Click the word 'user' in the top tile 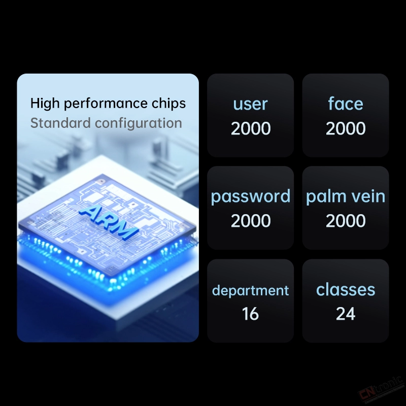pyautogui.click(x=250, y=104)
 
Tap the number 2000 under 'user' pyautogui.click(x=251, y=128)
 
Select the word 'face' pyautogui.click(x=346, y=104)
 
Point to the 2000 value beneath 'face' pyautogui.click(x=346, y=128)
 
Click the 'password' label pyautogui.click(x=250, y=197)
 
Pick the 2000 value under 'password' pyautogui.click(x=251, y=221)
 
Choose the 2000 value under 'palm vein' pyautogui.click(x=346, y=221)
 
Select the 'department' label pyautogui.click(x=250, y=290)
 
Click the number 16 pyautogui.click(x=250, y=314)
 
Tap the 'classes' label pyautogui.click(x=346, y=289)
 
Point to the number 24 pyautogui.click(x=346, y=314)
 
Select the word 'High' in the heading pyautogui.click(x=45, y=104)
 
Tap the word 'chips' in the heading pyautogui.click(x=168, y=104)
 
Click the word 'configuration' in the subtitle pyautogui.click(x=138, y=123)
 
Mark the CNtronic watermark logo pyautogui.click(x=381, y=390)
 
